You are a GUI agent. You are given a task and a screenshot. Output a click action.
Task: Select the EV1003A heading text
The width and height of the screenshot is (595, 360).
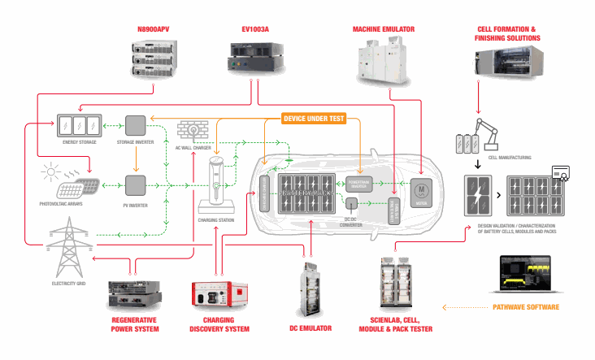point(256,30)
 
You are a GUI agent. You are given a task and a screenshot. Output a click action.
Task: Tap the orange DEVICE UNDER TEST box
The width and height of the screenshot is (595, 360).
point(314,119)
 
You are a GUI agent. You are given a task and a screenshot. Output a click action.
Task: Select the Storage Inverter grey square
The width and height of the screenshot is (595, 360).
point(135,125)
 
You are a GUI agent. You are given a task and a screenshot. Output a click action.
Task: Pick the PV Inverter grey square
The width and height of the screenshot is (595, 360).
point(135,185)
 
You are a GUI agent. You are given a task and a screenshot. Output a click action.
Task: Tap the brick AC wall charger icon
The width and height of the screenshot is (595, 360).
point(193,133)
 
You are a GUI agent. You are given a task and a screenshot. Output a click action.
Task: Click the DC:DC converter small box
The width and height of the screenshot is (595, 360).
point(352,203)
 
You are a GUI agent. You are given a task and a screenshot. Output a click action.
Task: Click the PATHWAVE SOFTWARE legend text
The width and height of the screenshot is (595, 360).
point(526,308)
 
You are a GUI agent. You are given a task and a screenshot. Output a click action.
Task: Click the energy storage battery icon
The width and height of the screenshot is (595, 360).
point(79,125)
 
